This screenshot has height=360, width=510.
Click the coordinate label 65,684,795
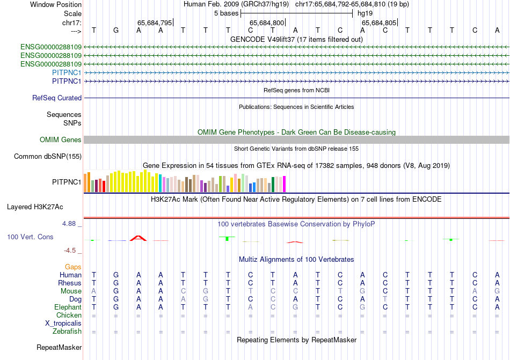[x=155, y=23]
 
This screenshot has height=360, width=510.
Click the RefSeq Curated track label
[x=57, y=98]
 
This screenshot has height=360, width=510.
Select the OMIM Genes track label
[x=61, y=140]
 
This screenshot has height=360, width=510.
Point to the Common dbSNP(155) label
[x=48, y=157]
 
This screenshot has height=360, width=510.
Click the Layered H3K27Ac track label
[x=35, y=207]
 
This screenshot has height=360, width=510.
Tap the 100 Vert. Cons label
[x=30, y=237]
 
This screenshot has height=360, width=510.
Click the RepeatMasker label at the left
[x=59, y=348]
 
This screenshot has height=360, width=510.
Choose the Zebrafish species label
[x=67, y=332]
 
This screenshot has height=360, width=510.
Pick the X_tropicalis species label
[x=63, y=324]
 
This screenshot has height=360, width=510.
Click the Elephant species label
[x=68, y=307]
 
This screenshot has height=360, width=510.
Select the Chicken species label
[x=69, y=315]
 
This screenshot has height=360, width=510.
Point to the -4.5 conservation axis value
[x=71, y=250]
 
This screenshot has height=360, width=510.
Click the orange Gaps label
[x=73, y=267]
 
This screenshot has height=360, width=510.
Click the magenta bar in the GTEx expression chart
[x=284, y=184]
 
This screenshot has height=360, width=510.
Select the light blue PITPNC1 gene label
[x=67, y=72]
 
